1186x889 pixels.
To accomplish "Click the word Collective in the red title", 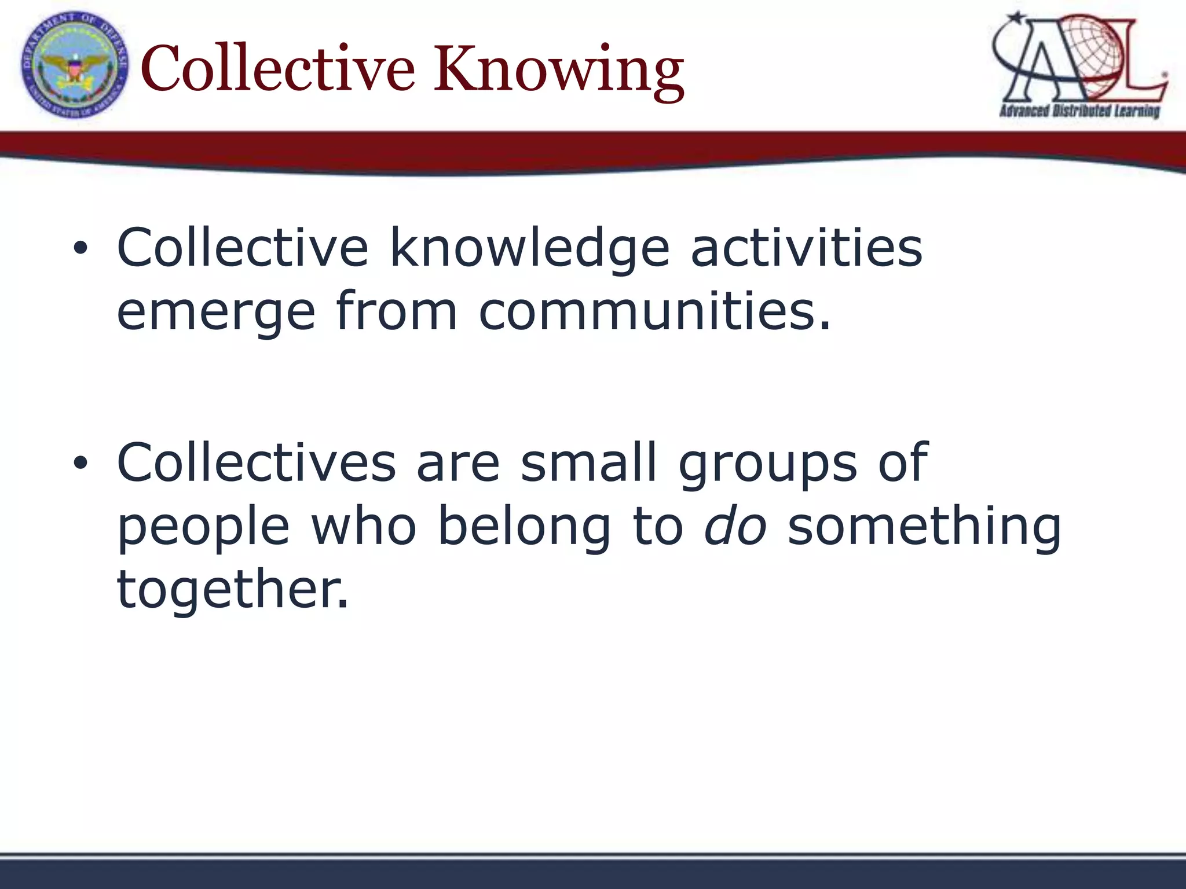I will [x=278, y=69].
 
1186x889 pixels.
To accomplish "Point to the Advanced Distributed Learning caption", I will [x=1079, y=111].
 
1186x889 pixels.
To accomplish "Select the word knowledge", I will [x=530, y=249].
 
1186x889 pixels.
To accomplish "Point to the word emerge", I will [x=216, y=313].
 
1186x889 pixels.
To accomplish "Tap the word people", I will [x=203, y=527].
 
